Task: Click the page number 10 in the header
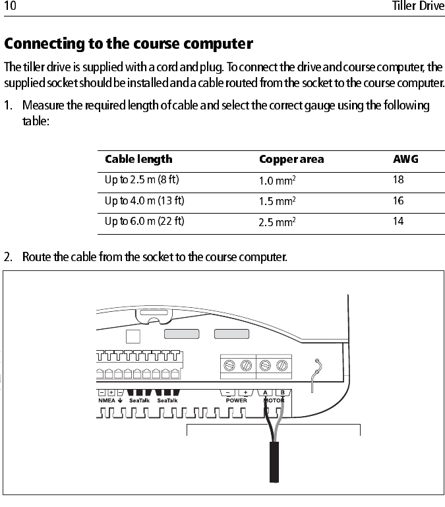[x=10, y=7]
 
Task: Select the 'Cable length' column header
[x=138, y=160]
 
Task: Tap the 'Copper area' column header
[x=291, y=160]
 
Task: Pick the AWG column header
[x=405, y=160]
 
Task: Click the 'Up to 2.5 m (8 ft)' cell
[x=142, y=179]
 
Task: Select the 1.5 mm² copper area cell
[x=277, y=201]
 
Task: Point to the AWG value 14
[x=398, y=222]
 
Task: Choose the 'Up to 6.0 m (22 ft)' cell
[x=144, y=222]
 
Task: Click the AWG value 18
[x=398, y=179]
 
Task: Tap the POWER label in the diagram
[x=237, y=400]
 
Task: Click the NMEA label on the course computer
[x=107, y=400]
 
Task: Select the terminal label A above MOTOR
[x=266, y=392]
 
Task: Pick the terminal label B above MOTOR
[x=280, y=392]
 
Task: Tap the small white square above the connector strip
[x=133, y=336]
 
